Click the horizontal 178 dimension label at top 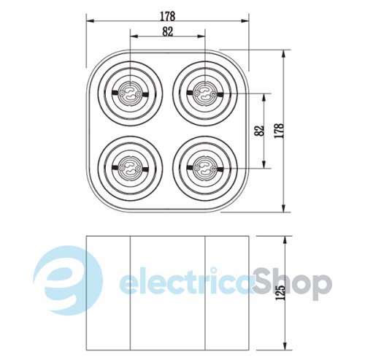pos(168,16)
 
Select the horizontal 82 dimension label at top pos(168,31)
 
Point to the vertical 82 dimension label pos(259,131)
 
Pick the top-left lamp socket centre pos(130,93)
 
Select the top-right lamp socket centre pos(205,93)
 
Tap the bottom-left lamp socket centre pos(130,168)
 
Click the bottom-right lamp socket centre pos(205,168)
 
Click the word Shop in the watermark pos(292,284)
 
